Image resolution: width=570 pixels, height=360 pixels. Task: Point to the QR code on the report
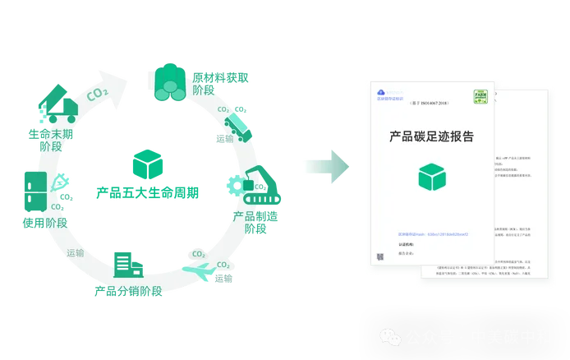pyautogui.click(x=380, y=256)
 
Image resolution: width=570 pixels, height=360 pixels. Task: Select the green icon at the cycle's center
pyautogui.click(x=147, y=164)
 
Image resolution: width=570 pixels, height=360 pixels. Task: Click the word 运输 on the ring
pyautogui.click(x=75, y=252)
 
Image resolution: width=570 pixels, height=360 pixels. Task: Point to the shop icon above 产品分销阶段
pyautogui.click(x=127, y=262)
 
